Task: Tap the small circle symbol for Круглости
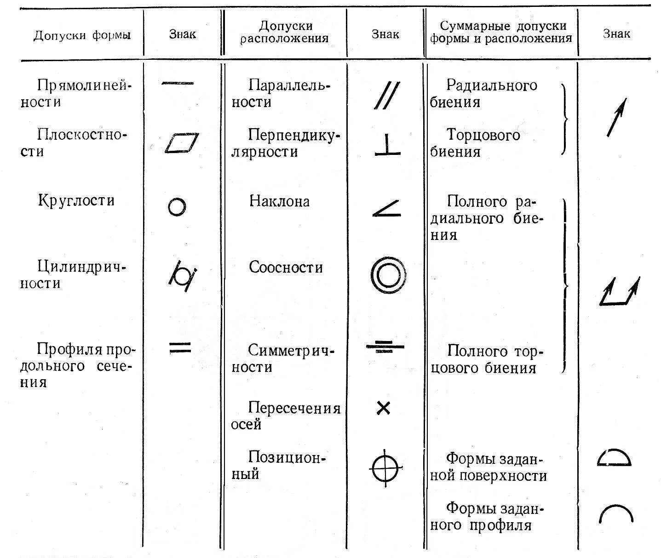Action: click(177, 207)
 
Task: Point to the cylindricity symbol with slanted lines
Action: click(183, 276)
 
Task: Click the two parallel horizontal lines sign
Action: click(180, 347)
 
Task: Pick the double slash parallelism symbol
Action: click(387, 96)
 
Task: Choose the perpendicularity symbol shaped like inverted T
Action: click(387, 145)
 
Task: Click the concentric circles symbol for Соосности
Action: click(388, 275)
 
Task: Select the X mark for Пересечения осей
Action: click(383, 408)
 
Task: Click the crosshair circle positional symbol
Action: click(386, 468)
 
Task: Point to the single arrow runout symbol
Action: click(616, 118)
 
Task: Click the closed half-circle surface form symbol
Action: click(614, 458)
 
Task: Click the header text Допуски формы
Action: click(82, 35)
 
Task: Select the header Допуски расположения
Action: click(284, 32)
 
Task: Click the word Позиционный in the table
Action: click(278, 465)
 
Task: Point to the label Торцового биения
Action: click(475, 143)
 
